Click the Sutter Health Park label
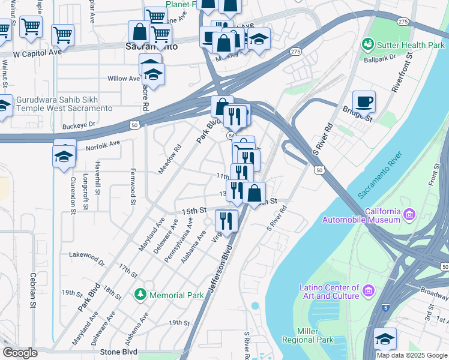pyautogui.click(x=411, y=45)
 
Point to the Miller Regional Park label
pyautogui.click(x=315, y=336)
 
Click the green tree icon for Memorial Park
pyautogui.click(x=140, y=295)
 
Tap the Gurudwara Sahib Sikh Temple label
pyautogui.click(x=64, y=104)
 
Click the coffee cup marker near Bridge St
pyautogui.click(x=364, y=101)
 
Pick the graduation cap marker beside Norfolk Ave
pyautogui.click(x=64, y=156)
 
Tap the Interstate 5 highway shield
pyautogui.click(x=386, y=308)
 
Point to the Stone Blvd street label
pyautogui.click(x=119, y=352)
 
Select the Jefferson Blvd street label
pyautogui.click(x=220, y=273)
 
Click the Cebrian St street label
pyautogui.click(x=32, y=292)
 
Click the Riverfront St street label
pyautogui.click(x=402, y=71)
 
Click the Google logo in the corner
pyautogui.click(x=20, y=353)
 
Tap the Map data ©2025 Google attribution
pyautogui.click(x=411, y=355)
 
